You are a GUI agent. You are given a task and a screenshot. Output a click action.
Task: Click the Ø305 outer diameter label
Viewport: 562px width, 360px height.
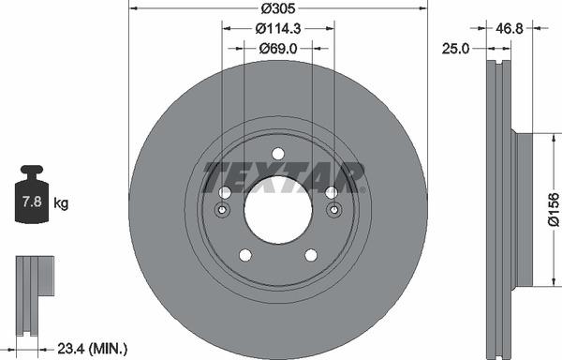pos(277,7)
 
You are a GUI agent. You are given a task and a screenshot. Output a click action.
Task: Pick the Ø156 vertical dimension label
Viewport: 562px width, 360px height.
pos(553,209)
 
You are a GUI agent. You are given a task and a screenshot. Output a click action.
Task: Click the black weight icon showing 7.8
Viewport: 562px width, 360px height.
pos(31,197)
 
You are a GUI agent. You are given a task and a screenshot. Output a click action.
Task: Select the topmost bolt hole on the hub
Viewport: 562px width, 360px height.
pos(277,154)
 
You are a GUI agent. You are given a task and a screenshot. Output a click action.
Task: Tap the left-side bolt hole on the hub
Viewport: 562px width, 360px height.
pos(225,192)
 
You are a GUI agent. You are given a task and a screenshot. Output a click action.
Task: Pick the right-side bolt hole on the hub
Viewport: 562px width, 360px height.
pos(331,192)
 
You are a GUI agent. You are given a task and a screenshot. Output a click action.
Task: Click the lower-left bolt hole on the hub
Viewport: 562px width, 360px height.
pos(245,255)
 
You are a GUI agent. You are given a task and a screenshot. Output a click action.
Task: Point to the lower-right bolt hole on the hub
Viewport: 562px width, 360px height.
pos(310,255)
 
